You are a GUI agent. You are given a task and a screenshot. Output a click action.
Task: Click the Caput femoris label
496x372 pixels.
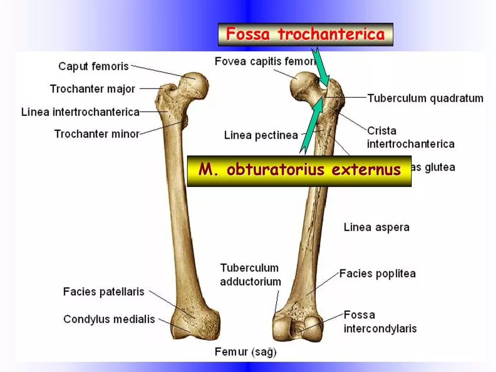tap(93, 66)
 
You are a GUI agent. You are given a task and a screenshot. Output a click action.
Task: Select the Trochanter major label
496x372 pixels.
tap(93, 89)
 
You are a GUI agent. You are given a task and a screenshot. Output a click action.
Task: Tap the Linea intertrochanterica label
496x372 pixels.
tap(80, 112)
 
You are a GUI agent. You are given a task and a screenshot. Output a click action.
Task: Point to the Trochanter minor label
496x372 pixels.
tap(97, 134)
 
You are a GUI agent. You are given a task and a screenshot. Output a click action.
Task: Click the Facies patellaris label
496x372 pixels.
tap(104, 292)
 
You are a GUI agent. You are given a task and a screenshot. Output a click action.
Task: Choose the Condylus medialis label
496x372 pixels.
tap(109, 319)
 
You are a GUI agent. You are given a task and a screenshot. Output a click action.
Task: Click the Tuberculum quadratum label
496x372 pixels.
tap(425, 98)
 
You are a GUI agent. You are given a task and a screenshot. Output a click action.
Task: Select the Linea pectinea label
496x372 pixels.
tap(261, 135)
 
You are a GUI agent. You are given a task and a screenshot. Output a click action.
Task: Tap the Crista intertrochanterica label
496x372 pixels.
tap(410, 137)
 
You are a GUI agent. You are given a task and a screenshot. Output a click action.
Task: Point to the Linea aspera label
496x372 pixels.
tap(376, 227)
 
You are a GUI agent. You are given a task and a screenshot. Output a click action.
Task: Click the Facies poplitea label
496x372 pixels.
tap(377, 273)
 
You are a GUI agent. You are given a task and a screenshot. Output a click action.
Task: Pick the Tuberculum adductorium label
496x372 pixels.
tap(250, 275)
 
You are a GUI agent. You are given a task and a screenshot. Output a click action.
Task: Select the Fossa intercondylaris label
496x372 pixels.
tap(380, 322)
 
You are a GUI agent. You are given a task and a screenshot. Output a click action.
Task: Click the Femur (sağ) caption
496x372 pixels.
tap(246, 352)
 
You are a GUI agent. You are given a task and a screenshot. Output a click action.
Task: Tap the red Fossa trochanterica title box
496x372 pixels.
tap(305, 34)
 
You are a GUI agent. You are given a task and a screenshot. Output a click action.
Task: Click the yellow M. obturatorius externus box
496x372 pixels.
tap(299, 170)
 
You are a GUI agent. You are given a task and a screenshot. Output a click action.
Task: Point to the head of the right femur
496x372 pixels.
tap(304, 86)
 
